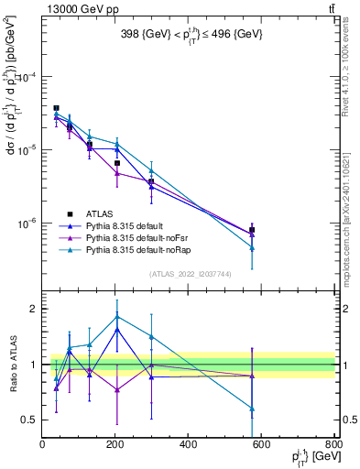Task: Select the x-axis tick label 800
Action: click(333, 444)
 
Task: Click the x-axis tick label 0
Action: click(42, 444)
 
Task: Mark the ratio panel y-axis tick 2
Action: click(33, 309)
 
